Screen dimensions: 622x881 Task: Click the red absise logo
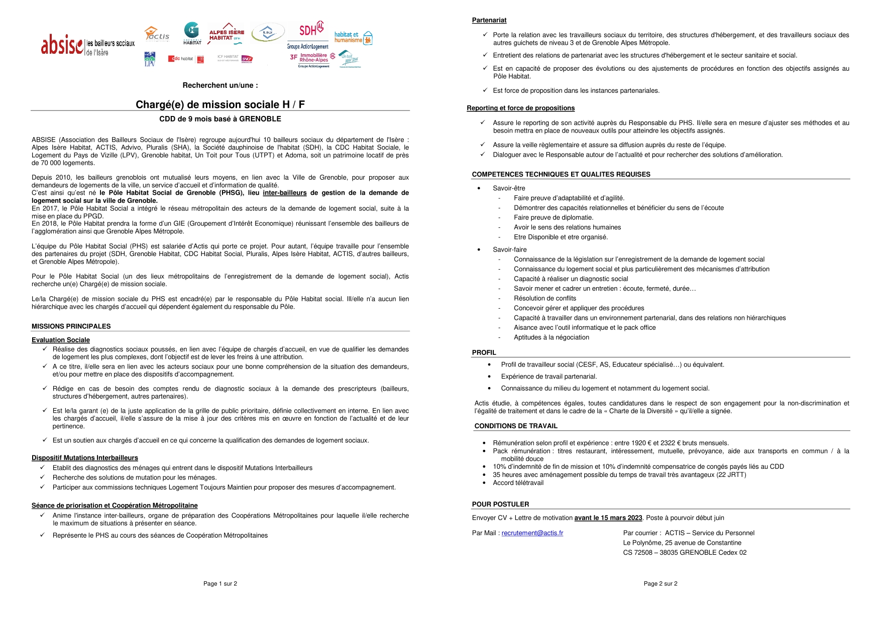tap(62, 45)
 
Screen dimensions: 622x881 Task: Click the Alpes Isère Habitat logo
tap(227, 35)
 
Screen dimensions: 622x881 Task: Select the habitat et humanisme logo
tap(353, 38)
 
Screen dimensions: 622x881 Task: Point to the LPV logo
tap(150, 59)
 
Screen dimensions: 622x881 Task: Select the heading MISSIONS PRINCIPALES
tap(71, 326)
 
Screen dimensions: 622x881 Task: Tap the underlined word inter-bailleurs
tap(284, 193)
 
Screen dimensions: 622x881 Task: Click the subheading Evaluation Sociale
tap(61, 340)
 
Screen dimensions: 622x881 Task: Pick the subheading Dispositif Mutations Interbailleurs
tap(85, 458)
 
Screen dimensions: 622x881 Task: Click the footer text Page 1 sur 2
tap(220, 583)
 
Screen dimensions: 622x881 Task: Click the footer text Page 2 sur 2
tap(660, 583)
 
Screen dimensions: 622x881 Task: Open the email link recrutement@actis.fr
tap(532, 533)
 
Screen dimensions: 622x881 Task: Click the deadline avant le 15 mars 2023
tap(608, 518)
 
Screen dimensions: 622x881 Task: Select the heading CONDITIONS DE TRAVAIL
tap(516, 426)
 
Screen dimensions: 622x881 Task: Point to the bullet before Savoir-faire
tap(479, 250)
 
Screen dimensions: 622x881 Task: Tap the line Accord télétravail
tap(518, 483)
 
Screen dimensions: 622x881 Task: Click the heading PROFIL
tap(484, 352)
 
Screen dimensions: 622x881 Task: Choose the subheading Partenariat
tap(489, 20)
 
